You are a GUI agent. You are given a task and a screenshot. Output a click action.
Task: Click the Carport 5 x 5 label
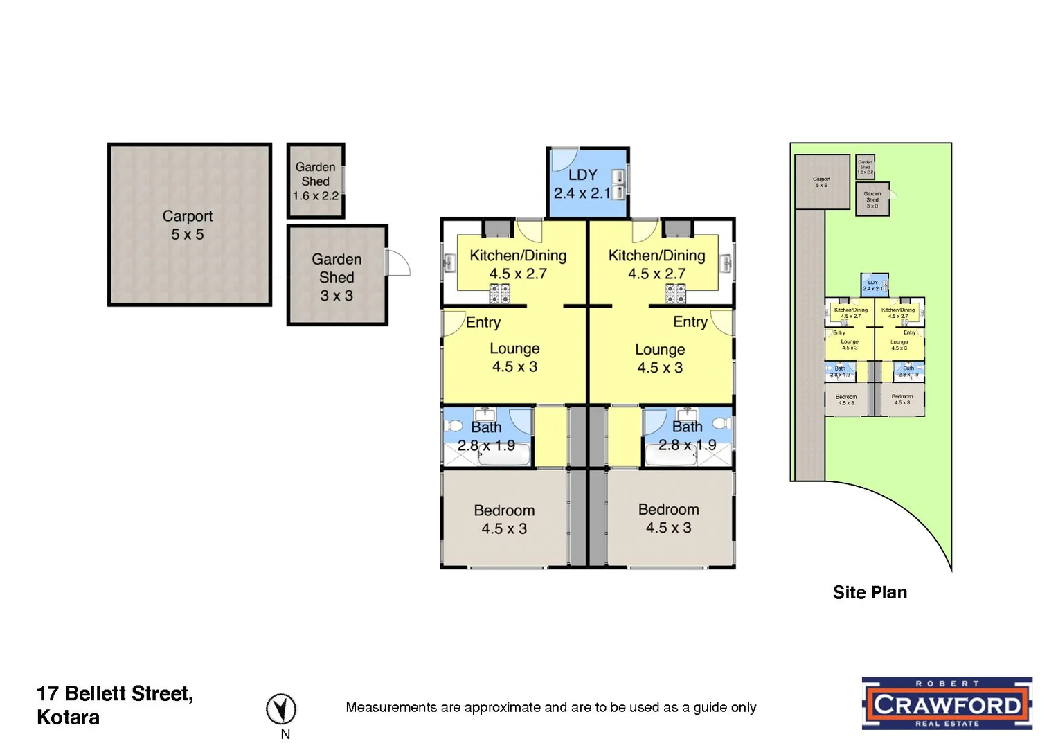(187, 225)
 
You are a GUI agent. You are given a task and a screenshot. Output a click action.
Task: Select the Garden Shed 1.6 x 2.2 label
(315, 181)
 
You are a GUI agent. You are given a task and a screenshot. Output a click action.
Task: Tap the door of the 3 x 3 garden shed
(399, 263)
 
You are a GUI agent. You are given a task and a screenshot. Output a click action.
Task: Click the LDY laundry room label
(582, 184)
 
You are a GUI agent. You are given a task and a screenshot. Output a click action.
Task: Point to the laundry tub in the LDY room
(618, 184)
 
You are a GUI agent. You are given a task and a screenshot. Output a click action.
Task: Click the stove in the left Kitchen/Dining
(499, 295)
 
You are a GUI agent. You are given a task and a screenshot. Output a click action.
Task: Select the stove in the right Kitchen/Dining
(675, 295)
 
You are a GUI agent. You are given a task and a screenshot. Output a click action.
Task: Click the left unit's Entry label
(483, 322)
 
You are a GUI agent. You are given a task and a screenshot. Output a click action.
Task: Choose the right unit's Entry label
(690, 322)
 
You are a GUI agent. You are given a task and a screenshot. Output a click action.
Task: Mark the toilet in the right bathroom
(722, 423)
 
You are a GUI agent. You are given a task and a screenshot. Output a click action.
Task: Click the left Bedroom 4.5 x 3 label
(504, 519)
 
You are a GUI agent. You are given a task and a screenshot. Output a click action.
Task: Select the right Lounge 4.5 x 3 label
(660, 359)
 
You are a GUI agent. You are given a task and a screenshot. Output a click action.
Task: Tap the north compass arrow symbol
(281, 709)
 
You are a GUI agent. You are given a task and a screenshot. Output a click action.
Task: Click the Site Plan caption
(870, 593)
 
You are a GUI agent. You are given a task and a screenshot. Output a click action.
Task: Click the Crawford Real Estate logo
(947, 704)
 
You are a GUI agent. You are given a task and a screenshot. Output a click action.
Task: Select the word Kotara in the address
(68, 718)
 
